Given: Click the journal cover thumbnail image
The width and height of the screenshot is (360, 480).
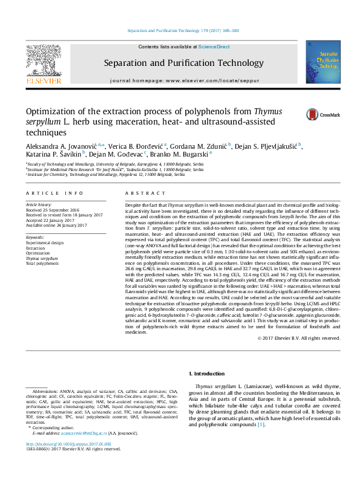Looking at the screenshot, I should (x=322, y=62).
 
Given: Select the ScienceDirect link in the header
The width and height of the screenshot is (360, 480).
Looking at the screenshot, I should (x=214, y=47).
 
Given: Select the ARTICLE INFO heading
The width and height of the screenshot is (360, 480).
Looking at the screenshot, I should (x=54, y=193).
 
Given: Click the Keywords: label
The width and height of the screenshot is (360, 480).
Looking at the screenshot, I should (x=36, y=238).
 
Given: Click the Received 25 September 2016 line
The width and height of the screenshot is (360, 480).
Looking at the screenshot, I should (x=55, y=211).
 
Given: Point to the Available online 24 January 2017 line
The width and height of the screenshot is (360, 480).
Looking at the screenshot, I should (x=56, y=225).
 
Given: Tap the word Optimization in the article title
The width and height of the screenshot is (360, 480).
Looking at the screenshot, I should (x=51, y=111).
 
